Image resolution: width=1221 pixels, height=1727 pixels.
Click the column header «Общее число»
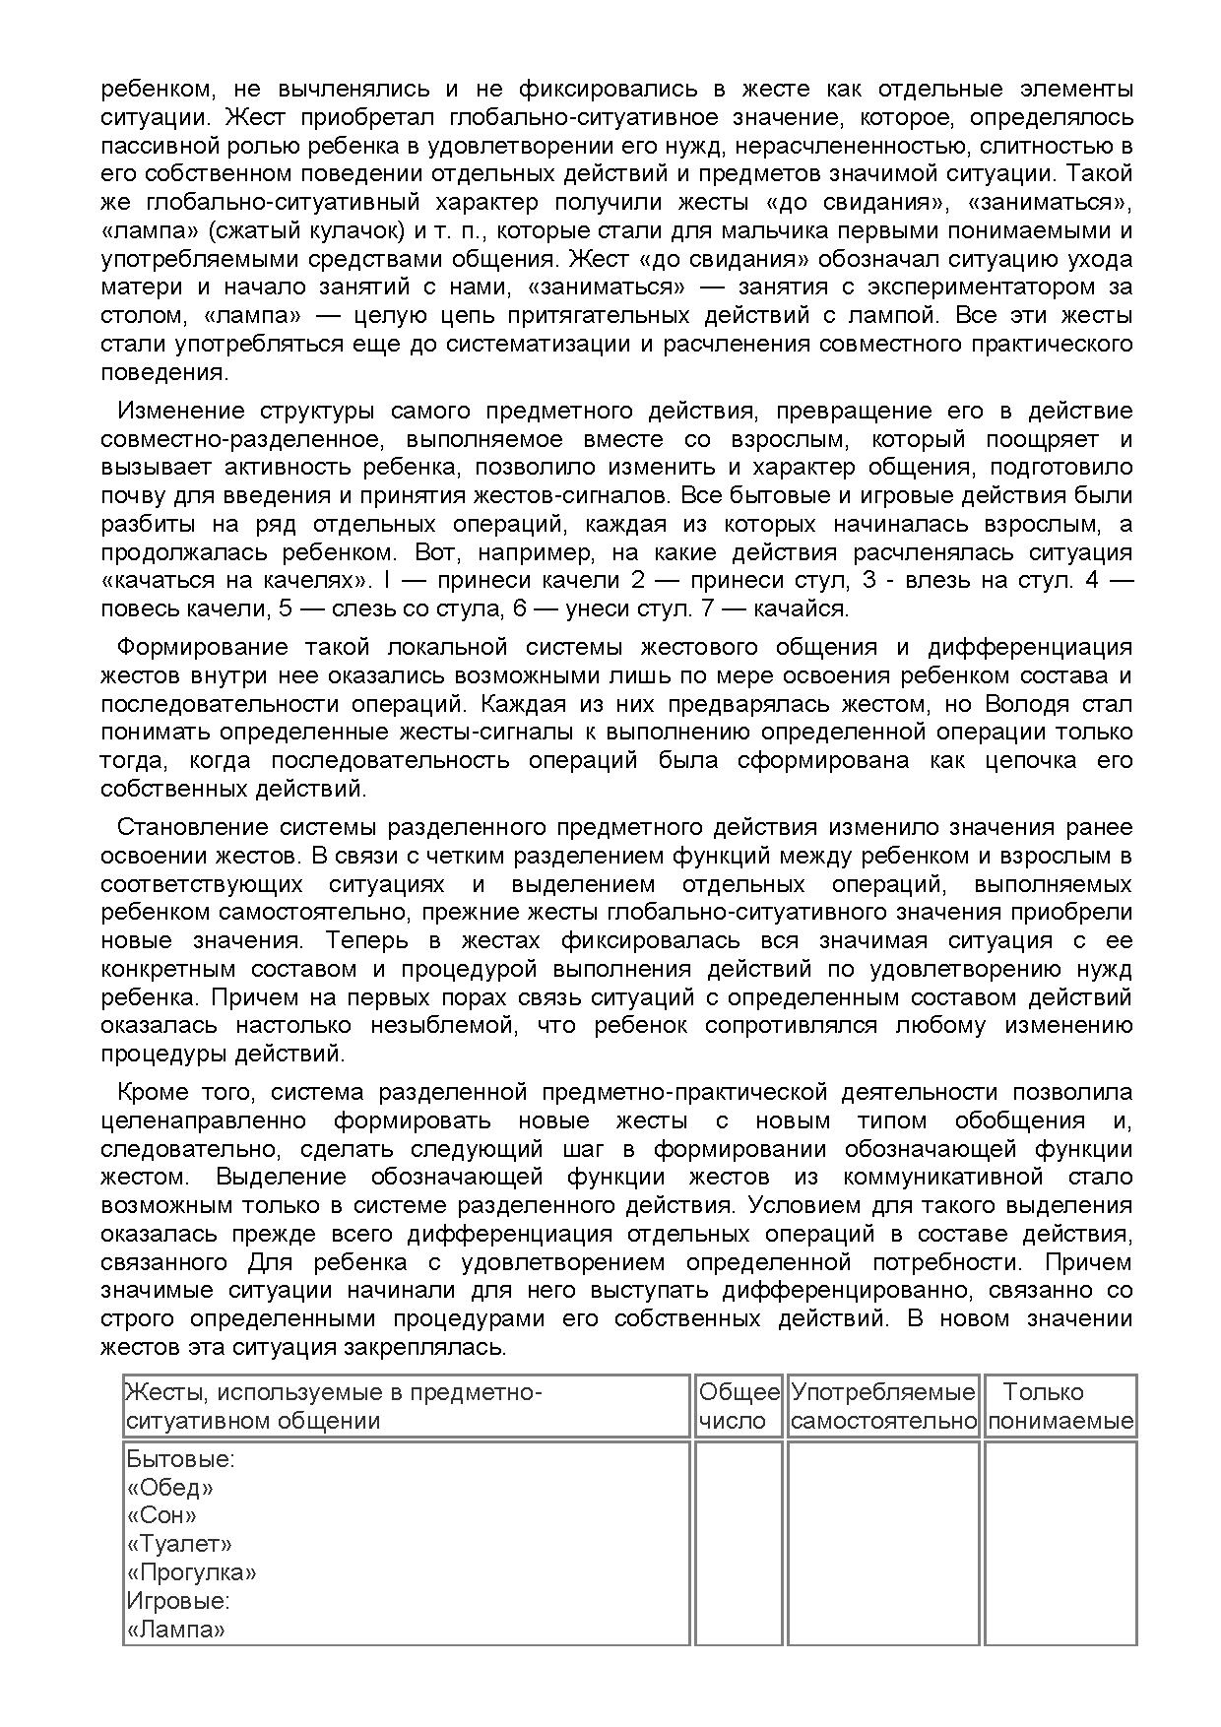(739, 1406)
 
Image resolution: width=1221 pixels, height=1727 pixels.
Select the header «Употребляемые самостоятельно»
(883, 1406)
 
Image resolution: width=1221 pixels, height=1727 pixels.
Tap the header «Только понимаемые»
(1060, 1406)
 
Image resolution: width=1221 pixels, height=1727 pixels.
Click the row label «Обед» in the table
(170, 1487)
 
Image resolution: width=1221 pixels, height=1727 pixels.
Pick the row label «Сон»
(162, 1515)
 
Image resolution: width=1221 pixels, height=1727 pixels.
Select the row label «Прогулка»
(192, 1572)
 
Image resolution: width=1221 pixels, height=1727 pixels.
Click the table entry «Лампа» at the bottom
(176, 1630)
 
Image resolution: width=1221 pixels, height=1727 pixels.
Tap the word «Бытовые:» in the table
(181, 1458)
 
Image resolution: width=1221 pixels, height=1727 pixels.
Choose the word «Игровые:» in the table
(178, 1601)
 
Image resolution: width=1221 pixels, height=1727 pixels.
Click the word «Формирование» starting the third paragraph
(202, 647)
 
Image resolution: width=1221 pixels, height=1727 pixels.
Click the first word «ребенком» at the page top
(157, 89)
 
